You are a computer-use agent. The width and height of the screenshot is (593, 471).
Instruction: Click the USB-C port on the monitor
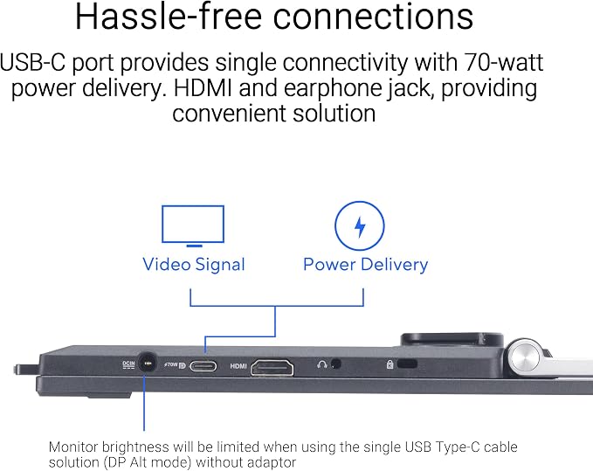(x=203, y=366)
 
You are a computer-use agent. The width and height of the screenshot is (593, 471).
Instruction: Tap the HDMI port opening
(x=272, y=367)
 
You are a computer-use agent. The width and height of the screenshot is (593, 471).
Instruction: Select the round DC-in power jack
(x=147, y=364)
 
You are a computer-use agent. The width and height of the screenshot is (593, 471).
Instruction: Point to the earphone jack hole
(x=335, y=364)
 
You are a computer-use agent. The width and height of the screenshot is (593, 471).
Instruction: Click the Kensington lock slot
(x=407, y=364)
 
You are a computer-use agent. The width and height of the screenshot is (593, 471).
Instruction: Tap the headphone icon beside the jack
(x=322, y=364)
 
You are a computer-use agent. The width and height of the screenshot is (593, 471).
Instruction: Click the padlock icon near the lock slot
(x=390, y=364)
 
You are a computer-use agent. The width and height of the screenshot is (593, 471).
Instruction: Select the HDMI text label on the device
(x=238, y=366)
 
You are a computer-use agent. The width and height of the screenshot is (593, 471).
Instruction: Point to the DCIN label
(x=128, y=364)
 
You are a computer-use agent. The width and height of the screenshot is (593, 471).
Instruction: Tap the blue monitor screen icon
(x=193, y=225)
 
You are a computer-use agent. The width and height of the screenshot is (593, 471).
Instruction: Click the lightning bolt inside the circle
(x=360, y=226)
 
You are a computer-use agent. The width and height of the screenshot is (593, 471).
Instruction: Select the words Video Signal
(x=194, y=265)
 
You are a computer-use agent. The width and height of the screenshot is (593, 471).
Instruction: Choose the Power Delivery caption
(x=366, y=264)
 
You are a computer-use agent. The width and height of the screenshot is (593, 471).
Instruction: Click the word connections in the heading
(x=373, y=17)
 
